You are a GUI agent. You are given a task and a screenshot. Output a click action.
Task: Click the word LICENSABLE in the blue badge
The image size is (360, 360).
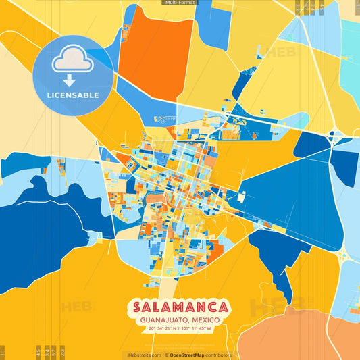coord(73,95)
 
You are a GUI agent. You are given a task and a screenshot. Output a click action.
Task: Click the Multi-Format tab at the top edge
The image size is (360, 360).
coord(180,3)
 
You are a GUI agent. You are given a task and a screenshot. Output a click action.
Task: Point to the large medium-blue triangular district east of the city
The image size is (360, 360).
coord(290,192)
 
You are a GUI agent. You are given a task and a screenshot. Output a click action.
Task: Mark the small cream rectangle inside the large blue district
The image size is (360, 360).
coord(241,197)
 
